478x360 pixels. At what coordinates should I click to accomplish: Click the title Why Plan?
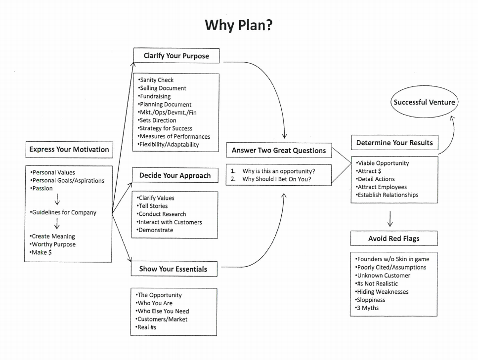239,25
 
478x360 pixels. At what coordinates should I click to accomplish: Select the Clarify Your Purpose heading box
176,56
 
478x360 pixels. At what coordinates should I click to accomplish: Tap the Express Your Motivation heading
69,149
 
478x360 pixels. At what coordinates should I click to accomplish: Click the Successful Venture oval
424,102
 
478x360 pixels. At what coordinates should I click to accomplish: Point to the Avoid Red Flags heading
393,239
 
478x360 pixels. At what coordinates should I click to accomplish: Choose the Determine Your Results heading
394,143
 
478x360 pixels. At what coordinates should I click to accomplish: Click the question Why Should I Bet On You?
276,179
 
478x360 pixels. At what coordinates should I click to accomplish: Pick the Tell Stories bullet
153,206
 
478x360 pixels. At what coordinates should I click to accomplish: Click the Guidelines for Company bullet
63,212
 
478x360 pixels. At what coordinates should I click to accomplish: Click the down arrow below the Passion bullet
57,200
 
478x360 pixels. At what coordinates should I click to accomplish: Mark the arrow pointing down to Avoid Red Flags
390,218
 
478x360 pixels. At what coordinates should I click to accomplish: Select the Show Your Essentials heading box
173,269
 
